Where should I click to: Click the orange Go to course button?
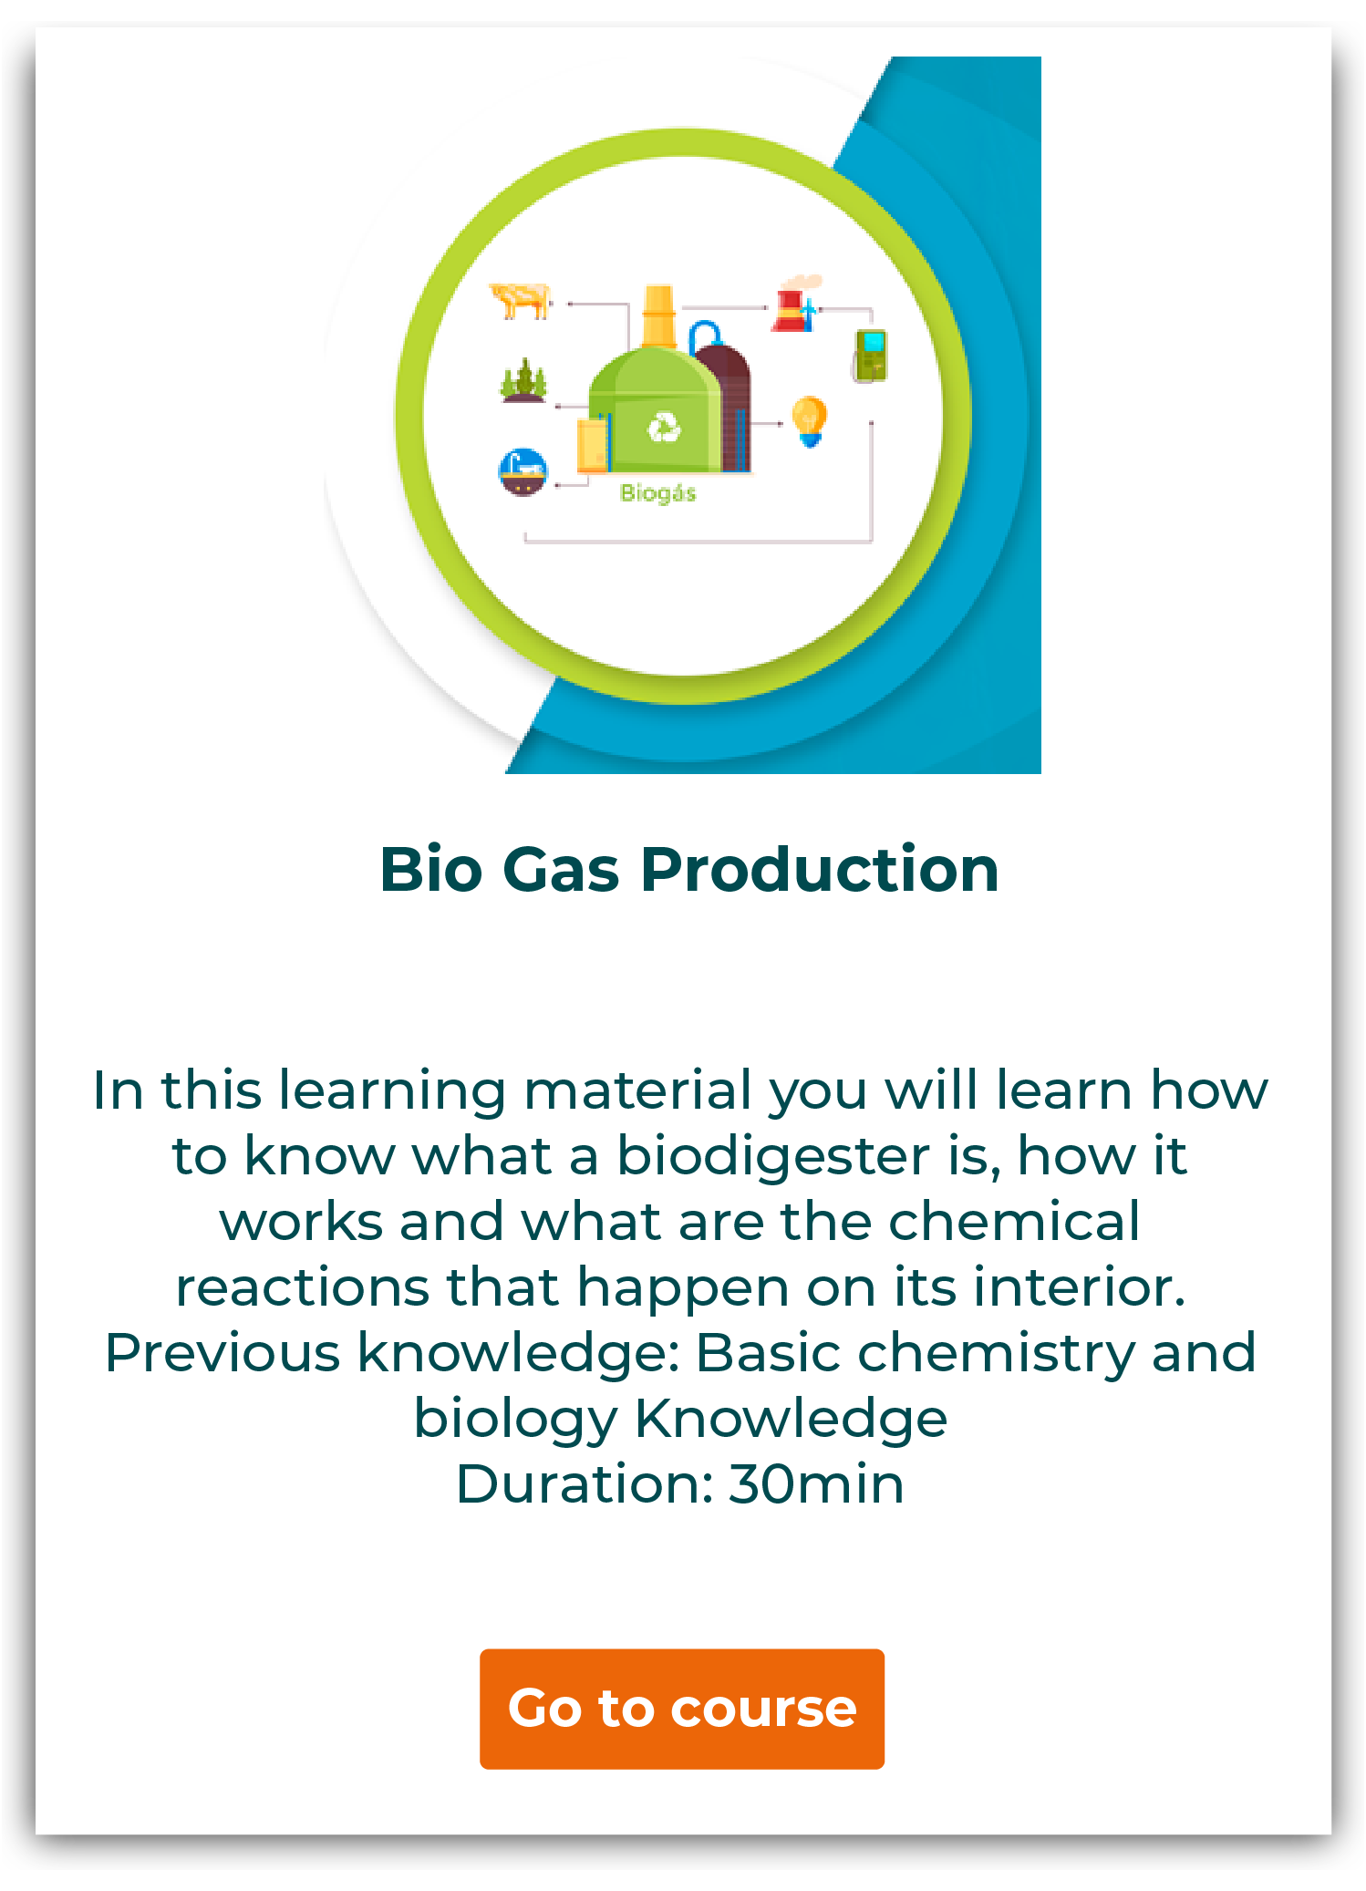coord(682,1709)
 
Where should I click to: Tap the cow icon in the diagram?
coord(521,300)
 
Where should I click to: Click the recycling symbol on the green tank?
coord(664,428)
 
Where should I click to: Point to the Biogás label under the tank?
coord(658,493)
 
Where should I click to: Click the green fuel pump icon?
coord(870,356)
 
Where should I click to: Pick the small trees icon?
coord(523,380)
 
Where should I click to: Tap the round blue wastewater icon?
coord(523,472)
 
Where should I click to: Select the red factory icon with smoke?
coord(797,303)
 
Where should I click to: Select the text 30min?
coord(816,1484)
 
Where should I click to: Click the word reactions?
coord(303,1288)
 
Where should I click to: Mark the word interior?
coord(1080,1286)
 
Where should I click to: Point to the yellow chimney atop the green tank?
coord(659,316)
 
